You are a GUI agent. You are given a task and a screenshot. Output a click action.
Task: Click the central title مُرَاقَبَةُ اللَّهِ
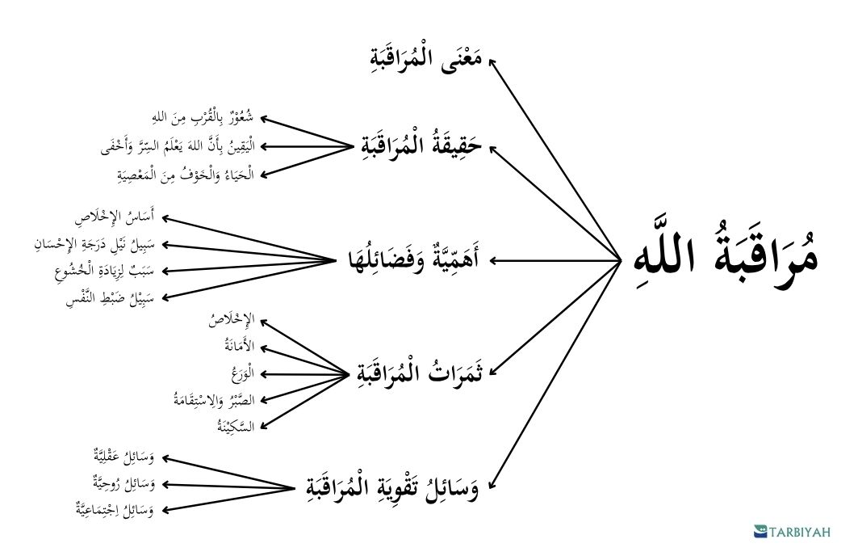[726, 258]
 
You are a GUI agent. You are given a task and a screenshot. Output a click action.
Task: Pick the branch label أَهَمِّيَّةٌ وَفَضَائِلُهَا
[414, 260]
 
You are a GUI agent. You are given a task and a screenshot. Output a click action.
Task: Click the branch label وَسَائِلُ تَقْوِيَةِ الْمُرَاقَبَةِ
[391, 486]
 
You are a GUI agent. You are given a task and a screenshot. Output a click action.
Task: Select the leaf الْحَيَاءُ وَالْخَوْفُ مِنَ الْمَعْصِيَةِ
[186, 175]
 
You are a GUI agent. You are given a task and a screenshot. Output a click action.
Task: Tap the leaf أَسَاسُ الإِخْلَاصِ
[115, 217]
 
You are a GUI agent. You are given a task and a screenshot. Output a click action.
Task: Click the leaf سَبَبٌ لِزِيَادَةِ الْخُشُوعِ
[104, 271]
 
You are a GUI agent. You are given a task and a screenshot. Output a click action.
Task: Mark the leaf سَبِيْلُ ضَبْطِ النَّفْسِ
[111, 298]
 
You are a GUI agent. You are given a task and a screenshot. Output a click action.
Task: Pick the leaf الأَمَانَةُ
[240, 346]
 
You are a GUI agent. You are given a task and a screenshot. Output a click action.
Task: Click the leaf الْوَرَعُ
[243, 373]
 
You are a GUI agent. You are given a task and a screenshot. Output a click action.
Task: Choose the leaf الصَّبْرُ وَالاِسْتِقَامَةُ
[214, 399]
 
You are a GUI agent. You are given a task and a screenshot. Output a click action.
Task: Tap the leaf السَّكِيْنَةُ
[236, 426]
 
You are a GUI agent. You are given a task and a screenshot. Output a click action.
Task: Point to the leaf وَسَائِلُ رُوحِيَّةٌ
[123, 484]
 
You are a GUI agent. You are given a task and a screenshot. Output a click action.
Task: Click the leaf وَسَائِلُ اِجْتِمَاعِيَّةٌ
[115, 509]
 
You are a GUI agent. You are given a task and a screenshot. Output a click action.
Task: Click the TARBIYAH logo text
[799, 532]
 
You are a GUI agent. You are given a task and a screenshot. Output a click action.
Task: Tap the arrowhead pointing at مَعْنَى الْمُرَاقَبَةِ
[492, 62]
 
